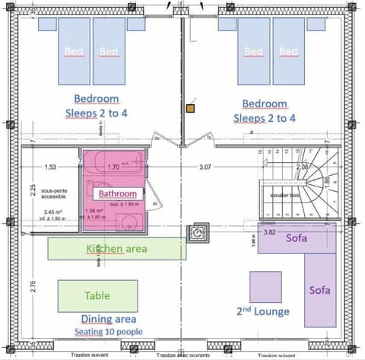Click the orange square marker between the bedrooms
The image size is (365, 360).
click(x=190, y=109)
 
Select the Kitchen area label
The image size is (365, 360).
click(x=116, y=249)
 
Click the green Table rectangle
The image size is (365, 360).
click(x=97, y=296)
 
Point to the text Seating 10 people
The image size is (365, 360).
click(x=107, y=333)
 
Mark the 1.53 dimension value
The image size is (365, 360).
click(x=50, y=166)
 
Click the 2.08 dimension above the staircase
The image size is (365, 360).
click(x=302, y=166)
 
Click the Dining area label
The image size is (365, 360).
click(x=107, y=320)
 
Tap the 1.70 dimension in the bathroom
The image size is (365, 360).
click(x=113, y=166)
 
